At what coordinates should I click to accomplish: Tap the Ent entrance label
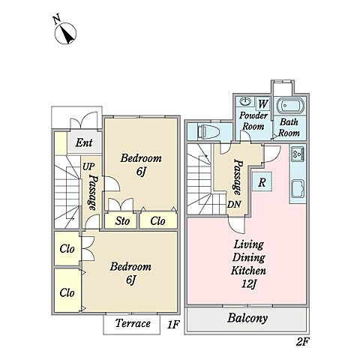click(84, 142)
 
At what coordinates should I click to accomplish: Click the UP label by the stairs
click(88, 166)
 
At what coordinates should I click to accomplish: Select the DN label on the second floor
click(234, 205)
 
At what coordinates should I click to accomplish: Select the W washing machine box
click(262, 103)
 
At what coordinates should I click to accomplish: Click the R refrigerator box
click(262, 181)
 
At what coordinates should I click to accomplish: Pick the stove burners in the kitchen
click(297, 154)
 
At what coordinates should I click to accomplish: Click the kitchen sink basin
click(298, 189)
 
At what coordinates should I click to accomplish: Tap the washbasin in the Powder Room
click(245, 102)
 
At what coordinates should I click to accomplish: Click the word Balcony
click(247, 318)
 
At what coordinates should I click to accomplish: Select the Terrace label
click(133, 323)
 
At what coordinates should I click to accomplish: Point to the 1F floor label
click(173, 325)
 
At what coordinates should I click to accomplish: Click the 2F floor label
click(303, 341)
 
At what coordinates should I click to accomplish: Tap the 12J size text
click(248, 284)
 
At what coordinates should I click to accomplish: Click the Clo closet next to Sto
click(157, 221)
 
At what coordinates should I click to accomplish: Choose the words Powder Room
click(253, 121)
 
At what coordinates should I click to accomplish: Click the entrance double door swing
click(83, 121)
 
